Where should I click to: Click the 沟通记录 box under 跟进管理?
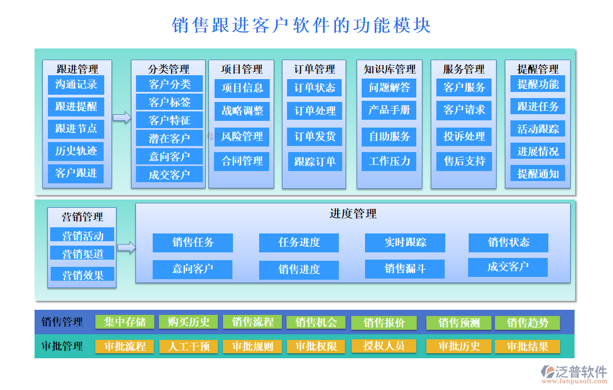(76, 85)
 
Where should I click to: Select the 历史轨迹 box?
(76, 151)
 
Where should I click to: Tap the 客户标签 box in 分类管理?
(169, 102)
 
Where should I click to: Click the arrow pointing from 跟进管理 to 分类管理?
(121, 118)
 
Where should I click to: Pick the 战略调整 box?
(242, 111)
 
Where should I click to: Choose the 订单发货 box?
(315, 136)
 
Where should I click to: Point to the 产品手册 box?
(389, 110)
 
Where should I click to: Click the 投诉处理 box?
(464, 136)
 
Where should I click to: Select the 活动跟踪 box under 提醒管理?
(538, 129)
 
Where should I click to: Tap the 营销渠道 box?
(82, 254)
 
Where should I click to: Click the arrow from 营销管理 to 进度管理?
(127, 248)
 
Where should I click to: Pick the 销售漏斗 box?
(405, 269)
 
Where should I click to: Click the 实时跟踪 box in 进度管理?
(405, 242)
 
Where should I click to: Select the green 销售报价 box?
(384, 323)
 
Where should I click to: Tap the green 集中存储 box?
(125, 322)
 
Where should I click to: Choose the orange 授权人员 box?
(384, 346)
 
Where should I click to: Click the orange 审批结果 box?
(527, 347)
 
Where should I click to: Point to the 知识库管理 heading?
(390, 69)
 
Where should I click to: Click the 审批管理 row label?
(62, 346)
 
